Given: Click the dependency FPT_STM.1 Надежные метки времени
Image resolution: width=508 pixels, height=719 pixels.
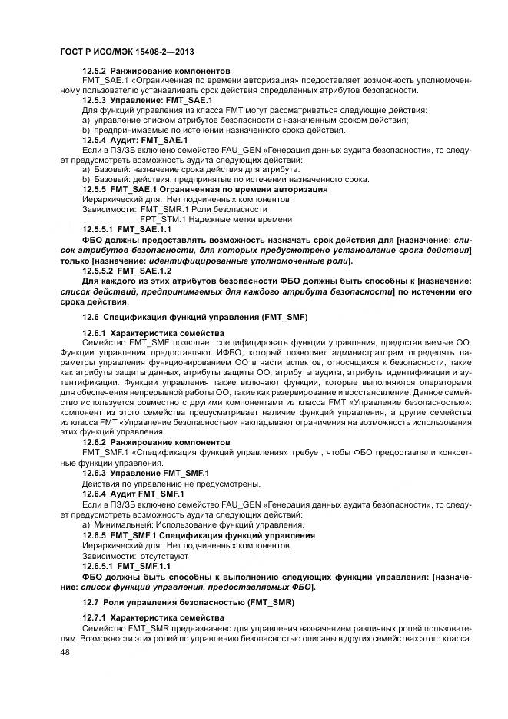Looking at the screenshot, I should [205, 218].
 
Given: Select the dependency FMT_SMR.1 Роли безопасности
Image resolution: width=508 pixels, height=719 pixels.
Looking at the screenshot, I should [204, 208].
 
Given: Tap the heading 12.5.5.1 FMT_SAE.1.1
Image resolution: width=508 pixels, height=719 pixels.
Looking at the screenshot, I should [126, 228].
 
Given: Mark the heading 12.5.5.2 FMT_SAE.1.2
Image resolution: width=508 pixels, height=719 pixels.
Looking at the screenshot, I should [126, 271].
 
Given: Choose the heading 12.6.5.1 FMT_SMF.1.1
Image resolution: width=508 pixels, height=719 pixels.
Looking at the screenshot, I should [126, 564].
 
